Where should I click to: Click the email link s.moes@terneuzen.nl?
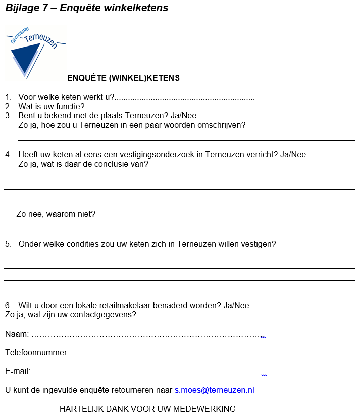[x=214, y=390]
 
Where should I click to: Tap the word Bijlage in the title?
[x=21, y=8]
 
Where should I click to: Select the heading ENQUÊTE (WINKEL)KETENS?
[x=123, y=78]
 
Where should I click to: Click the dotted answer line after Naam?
[x=149, y=335]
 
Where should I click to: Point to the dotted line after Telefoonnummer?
[x=169, y=353]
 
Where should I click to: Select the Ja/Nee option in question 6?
[x=236, y=306]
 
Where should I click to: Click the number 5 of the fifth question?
[x=8, y=244]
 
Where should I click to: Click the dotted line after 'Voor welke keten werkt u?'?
[x=185, y=98]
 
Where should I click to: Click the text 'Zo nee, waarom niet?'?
[x=56, y=214]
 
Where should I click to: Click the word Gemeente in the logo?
[x=19, y=36]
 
